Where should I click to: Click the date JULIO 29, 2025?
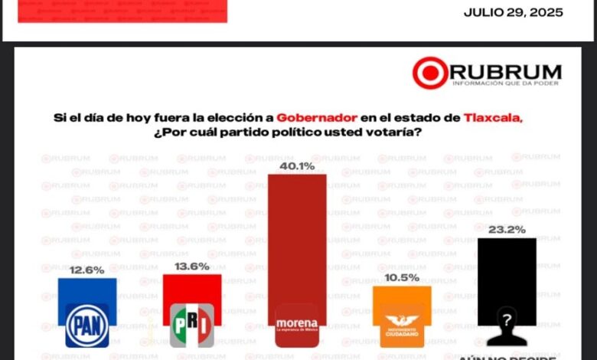[514, 13]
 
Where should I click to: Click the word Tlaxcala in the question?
[492, 118]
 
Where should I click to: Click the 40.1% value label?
[297, 165]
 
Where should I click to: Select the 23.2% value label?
[507, 228]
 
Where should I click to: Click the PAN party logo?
[87, 325]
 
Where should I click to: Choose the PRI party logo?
[192, 325]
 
